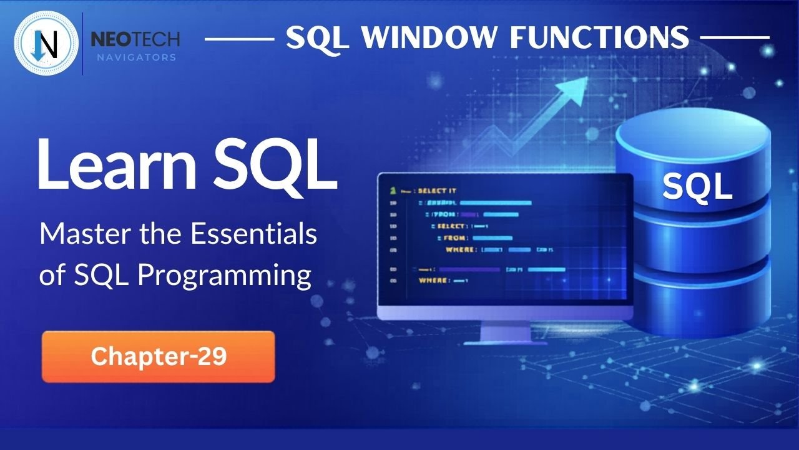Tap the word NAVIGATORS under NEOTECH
coord(135,57)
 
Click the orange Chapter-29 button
coord(158,356)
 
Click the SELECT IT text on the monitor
coord(437,189)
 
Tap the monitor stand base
coord(505,339)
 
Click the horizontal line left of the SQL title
coord(239,38)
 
